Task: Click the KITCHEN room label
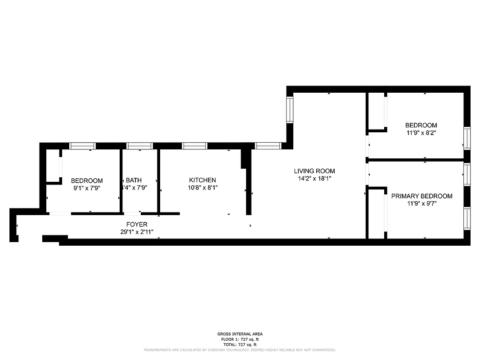[202, 180]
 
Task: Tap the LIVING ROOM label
[314, 171]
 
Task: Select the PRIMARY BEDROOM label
[422, 196]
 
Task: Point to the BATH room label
[134, 180]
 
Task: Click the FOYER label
[137, 224]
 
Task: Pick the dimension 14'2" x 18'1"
[314, 179]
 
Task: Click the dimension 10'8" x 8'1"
[202, 188]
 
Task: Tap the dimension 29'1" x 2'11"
[137, 232]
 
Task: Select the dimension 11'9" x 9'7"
[422, 203]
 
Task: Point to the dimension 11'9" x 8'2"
[421, 133]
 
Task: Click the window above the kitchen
[194, 146]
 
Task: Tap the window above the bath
[140, 146]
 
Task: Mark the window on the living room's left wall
[290, 110]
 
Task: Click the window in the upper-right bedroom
[467, 138]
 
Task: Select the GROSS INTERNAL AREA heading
[240, 334]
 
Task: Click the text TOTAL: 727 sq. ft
[240, 344]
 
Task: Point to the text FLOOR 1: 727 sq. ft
[240, 339]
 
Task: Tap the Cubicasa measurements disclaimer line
[240, 350]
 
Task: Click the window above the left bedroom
[82, 146]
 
